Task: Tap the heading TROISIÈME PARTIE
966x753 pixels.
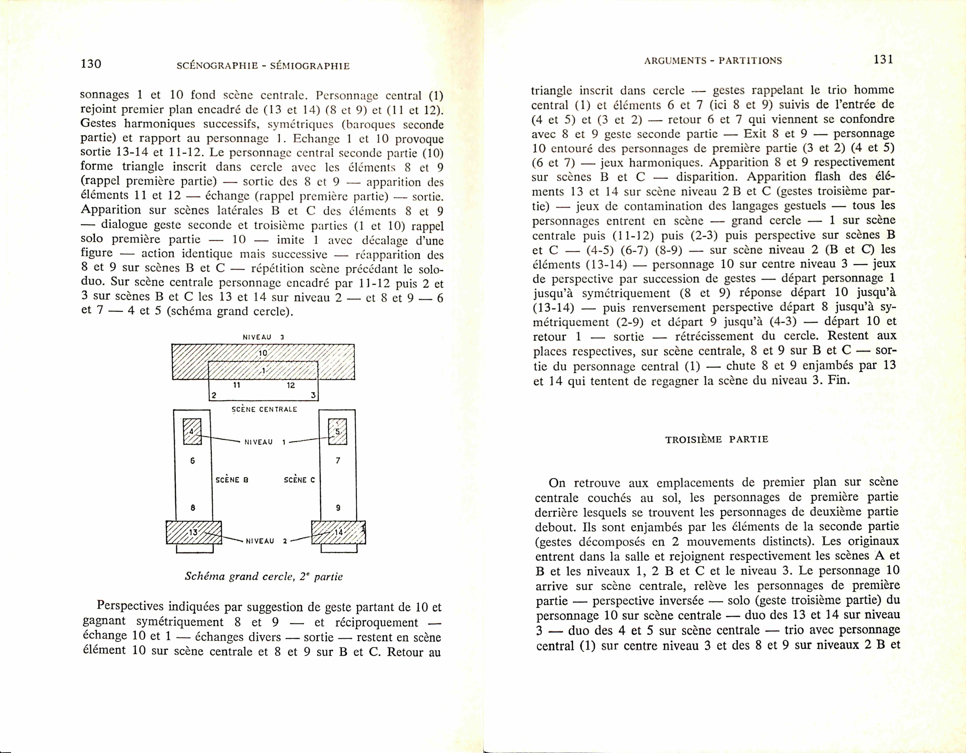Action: pyautogui.click(x=716, y=439)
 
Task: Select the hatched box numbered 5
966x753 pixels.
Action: pyautogui.click(x=338, y=431)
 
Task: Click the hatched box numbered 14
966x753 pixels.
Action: pyautogui.click(x=338, y=532)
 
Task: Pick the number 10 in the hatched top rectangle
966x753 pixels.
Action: pyautogui.click(x=263, y=353)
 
